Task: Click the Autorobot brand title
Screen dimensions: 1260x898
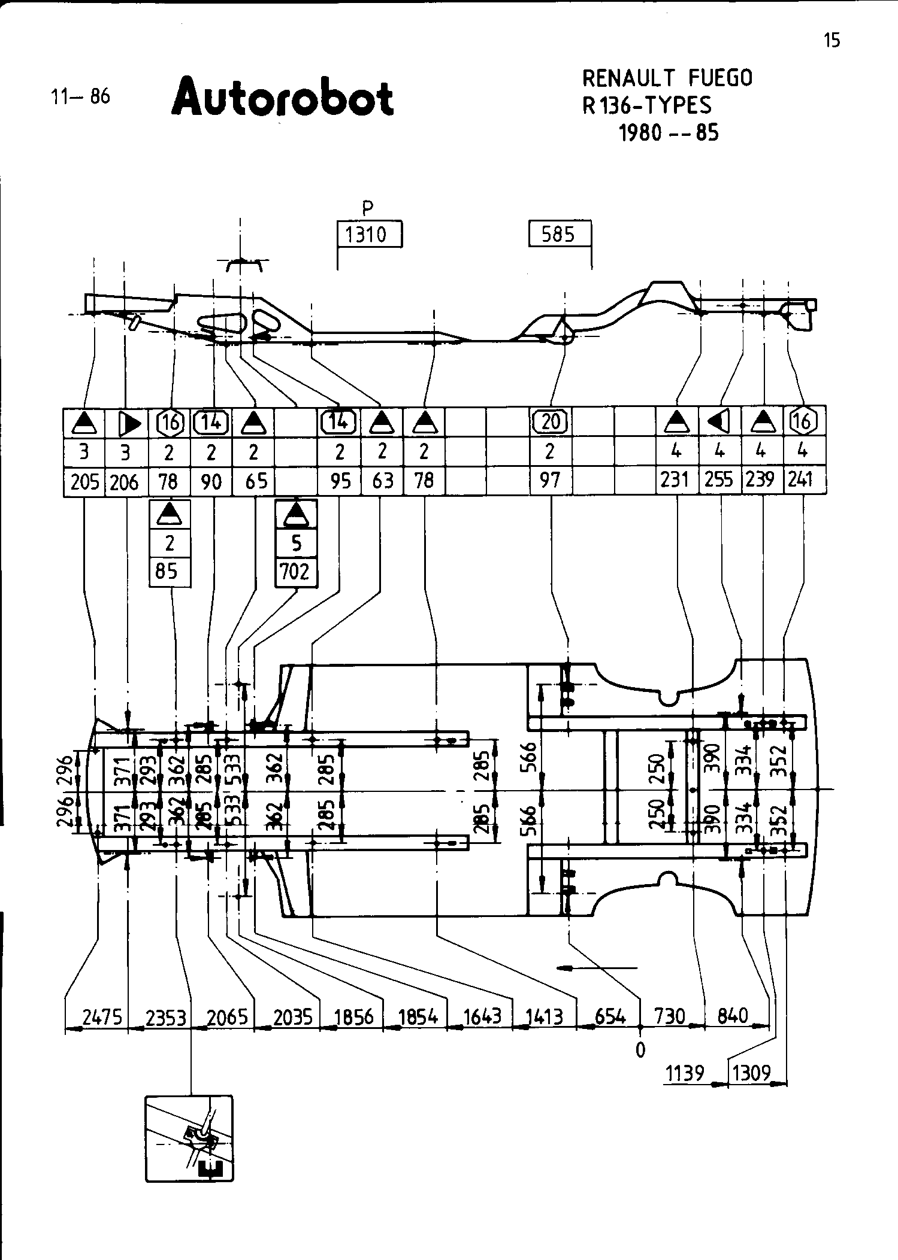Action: pos(283,98)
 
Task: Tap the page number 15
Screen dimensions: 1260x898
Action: pos(832,40)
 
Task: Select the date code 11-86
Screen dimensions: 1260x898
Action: pos(81,96)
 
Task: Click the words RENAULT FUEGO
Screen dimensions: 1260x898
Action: pos(667,78)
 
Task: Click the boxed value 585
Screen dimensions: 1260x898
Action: pos(558,233)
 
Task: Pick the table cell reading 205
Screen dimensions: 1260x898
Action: pos(84,482)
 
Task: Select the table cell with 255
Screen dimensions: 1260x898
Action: pos(719,480)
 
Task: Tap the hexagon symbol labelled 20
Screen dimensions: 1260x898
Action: pos(551,423)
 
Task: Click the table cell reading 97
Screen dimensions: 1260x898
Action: pos(550,480)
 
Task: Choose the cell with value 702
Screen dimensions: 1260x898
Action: pos(295,572)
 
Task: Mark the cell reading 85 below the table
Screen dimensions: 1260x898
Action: pos(167,572)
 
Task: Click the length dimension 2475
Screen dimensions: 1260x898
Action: pos(102,1017)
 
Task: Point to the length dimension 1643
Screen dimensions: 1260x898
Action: pos(483,1017)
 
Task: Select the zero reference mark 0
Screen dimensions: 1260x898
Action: pos(640,1050)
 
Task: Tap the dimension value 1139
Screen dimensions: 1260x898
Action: pos(685,1073)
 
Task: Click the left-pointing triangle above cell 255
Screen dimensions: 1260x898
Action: pos(719,423)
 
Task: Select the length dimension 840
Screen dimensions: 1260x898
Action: pos(733,1016)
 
